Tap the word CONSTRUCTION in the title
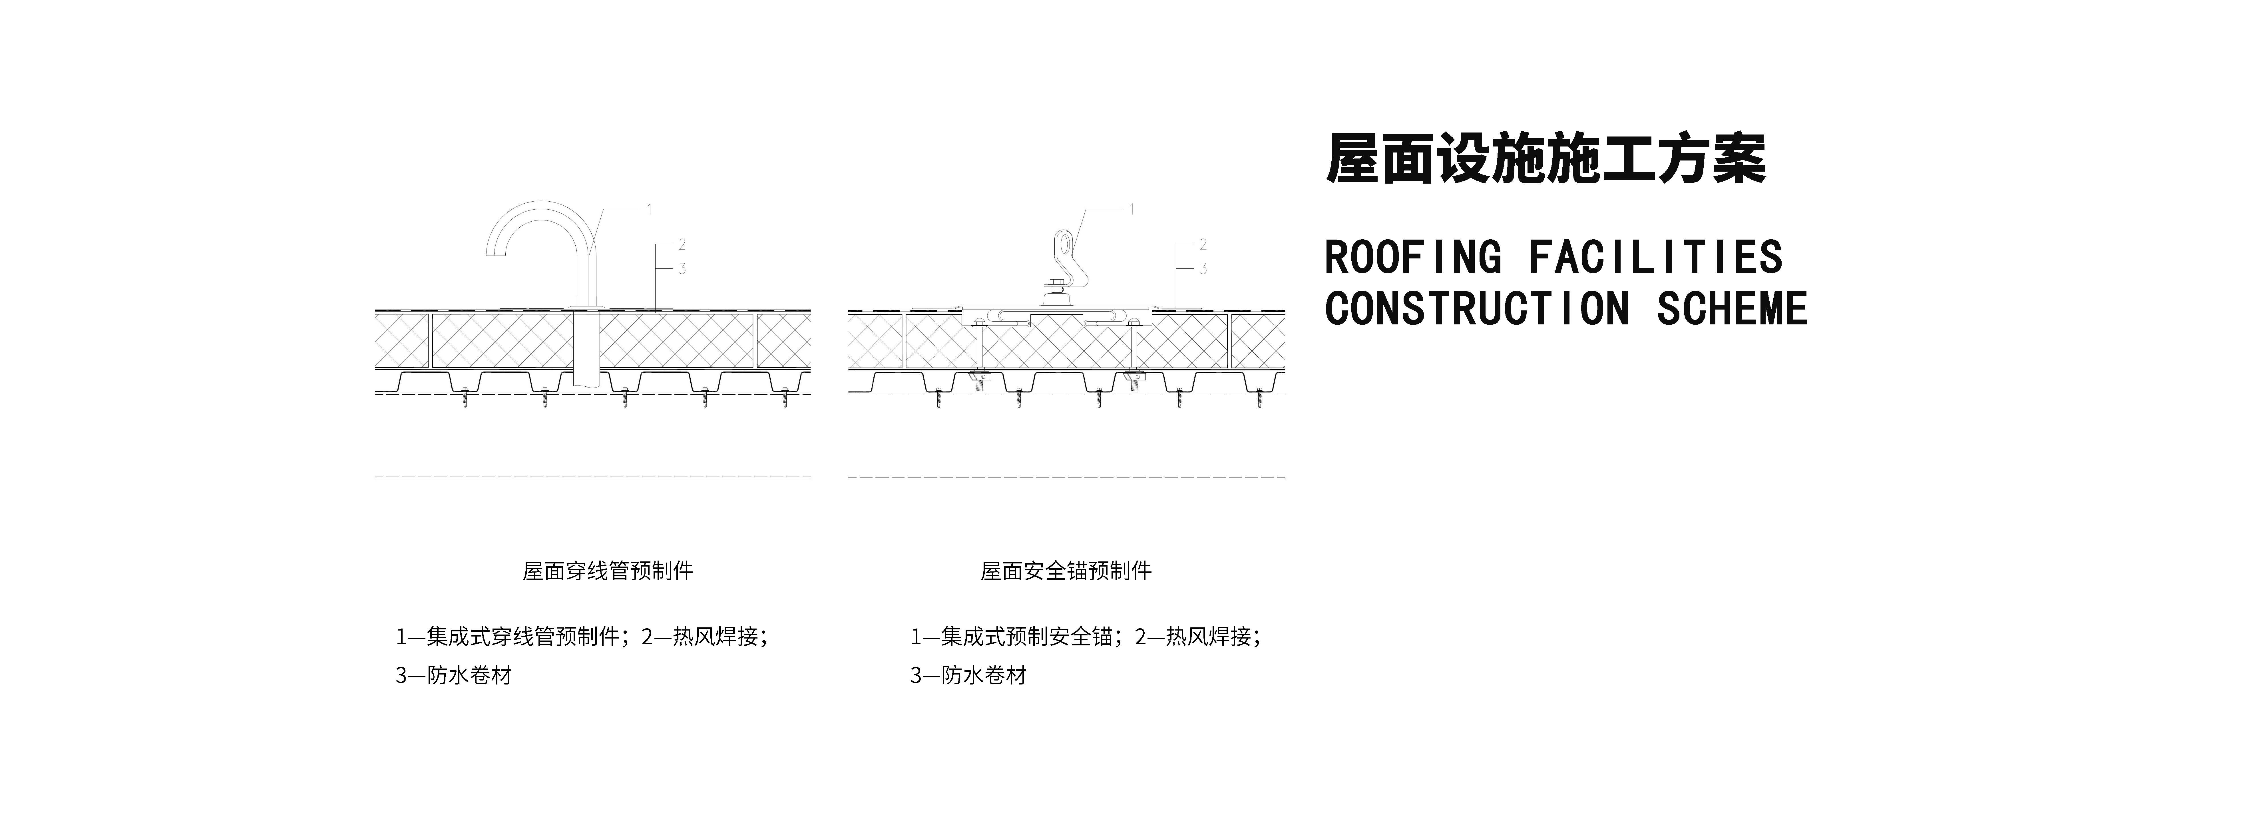[1477, 308]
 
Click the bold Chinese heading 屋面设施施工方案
[1545, 160]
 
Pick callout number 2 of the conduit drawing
[682, 244]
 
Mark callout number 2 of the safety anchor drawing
[1203, 244]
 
